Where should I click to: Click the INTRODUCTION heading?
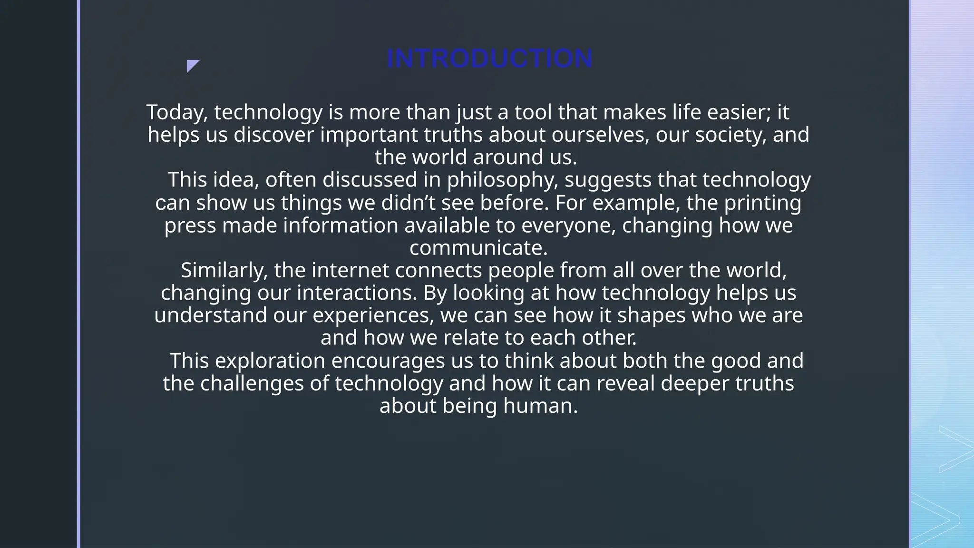489,59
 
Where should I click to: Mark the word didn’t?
409,203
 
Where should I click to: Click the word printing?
762,203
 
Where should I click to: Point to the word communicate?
478,248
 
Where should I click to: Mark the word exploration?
270,361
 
